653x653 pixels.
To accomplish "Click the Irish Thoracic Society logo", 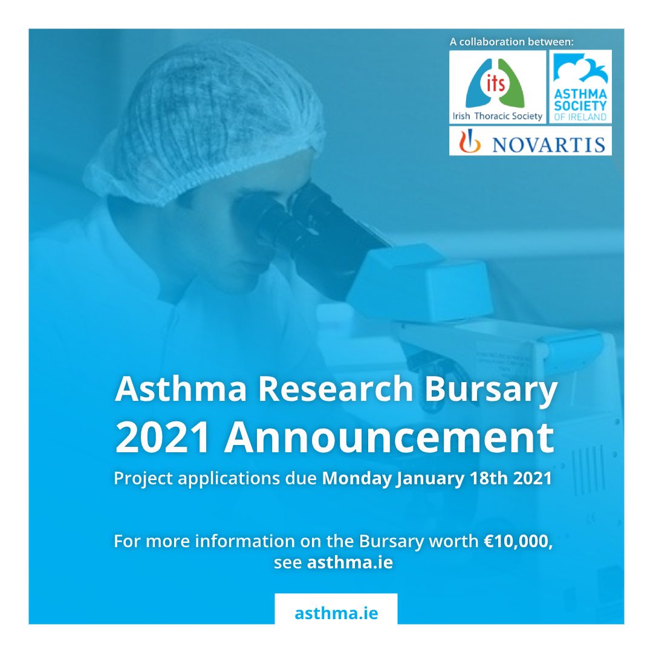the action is click(x=497, y=87).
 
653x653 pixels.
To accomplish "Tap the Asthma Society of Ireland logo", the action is click(x=580, y=87).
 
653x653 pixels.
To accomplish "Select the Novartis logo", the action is click(x=530, y=141).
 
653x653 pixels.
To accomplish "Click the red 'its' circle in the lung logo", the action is click(x=496, y=83).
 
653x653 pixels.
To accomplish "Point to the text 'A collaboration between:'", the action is click(x=512, y=42).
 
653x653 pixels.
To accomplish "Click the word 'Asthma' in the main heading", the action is click(x=181, y=389).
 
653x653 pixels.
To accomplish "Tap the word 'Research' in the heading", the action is click(x=335, y=389).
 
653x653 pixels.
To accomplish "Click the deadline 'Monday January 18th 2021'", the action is click(x=437, y=478).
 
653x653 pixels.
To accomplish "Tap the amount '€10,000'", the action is click(x=518, y=541).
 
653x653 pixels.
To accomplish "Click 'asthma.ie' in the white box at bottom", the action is click(x=336, y=613).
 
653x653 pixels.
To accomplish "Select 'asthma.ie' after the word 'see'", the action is click(x=350, y=563).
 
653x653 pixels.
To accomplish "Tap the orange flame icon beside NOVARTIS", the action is click(x=470, y=141).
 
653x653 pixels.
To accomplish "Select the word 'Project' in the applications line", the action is click(x=143, y=478).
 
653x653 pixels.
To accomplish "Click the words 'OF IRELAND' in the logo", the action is click(x=580, y=117).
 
